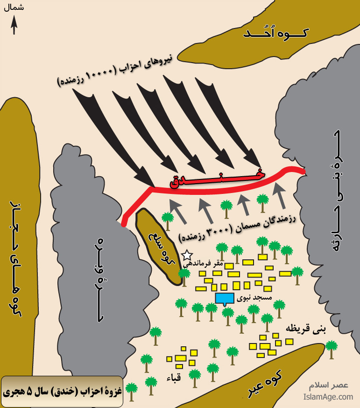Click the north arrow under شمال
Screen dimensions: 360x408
(14, 24)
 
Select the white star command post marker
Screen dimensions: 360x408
(187, 255)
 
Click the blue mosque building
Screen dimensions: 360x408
(225, 298)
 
